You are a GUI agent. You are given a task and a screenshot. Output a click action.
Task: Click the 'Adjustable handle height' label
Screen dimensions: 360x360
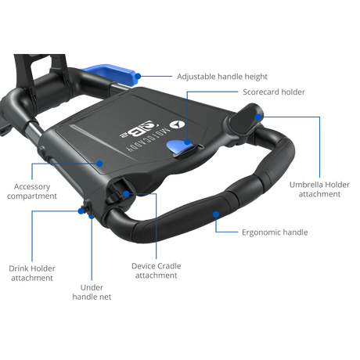(222, 77)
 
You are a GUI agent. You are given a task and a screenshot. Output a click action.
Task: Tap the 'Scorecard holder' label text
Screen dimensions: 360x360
(274, 92)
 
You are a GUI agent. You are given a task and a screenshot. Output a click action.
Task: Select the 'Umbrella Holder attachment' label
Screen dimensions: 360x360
(319, 189)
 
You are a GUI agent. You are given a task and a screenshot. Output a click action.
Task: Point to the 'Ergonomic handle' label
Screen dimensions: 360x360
(275, 232)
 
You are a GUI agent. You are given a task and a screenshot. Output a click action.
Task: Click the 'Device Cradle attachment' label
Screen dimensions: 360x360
(157, 271)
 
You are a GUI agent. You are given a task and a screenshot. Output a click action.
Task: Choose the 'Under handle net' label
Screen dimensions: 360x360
(92, 292)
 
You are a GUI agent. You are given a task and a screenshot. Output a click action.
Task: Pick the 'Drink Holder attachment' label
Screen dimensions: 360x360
(32, 273)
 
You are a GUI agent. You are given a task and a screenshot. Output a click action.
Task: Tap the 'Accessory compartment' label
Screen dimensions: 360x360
(32, 191)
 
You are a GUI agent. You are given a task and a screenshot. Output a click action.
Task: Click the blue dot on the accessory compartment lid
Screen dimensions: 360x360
(99, 164)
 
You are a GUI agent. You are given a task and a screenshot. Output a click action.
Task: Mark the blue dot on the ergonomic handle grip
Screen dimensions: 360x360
(216, 214)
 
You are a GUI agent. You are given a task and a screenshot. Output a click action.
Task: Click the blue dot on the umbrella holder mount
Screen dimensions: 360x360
(258, 117)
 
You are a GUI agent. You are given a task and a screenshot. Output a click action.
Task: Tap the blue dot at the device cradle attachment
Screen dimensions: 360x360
(126, 194)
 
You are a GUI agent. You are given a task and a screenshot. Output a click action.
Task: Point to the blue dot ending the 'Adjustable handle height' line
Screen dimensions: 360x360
(138, 76)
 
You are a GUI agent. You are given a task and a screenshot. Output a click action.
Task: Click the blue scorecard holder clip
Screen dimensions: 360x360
(179, 148)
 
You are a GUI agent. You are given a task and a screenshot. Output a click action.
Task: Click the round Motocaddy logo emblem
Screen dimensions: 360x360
(177, 124)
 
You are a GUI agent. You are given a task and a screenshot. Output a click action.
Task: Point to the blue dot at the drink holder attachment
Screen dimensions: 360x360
(81, 211)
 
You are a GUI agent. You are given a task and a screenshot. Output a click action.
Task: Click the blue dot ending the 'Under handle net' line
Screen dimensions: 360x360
(92, 217)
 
